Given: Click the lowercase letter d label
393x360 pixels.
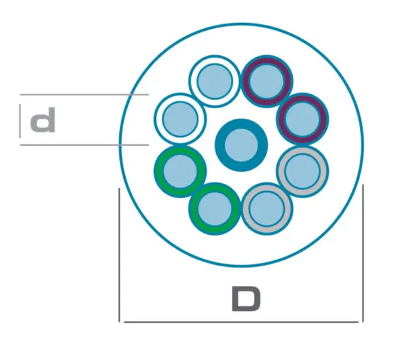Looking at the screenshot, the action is click(43, 120).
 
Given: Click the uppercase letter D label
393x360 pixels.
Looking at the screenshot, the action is click(246, 299).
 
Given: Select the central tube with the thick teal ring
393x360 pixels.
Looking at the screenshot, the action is click(241, 145).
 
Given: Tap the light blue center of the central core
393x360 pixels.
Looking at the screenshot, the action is click(241, 145).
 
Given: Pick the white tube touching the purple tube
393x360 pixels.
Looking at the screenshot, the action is click(215, 81).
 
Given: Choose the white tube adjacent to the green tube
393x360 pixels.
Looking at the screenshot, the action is click(180, 119).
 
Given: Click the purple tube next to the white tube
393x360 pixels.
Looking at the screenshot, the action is click(267, 81).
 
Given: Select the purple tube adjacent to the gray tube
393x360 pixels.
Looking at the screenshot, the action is click(303, 119).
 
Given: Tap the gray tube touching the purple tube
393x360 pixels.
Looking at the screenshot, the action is click(303, 171).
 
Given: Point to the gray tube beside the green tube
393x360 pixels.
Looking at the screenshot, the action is click(267, 209).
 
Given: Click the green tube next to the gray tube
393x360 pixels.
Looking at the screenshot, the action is click(215, 209).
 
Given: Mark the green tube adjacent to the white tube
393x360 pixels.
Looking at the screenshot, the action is click(180, 171).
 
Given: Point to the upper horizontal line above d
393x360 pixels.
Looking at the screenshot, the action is click(84, 94).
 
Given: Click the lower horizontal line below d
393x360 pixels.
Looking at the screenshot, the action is click(84, 145).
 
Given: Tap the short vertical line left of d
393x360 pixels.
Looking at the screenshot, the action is click(20, 121).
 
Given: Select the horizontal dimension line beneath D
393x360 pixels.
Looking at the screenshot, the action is click(241, 321).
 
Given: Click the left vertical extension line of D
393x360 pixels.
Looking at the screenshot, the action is click(119, 254).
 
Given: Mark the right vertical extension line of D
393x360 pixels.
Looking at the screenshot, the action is click(363, 253).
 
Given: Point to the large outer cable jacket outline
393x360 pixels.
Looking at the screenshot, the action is click(241, 24).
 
